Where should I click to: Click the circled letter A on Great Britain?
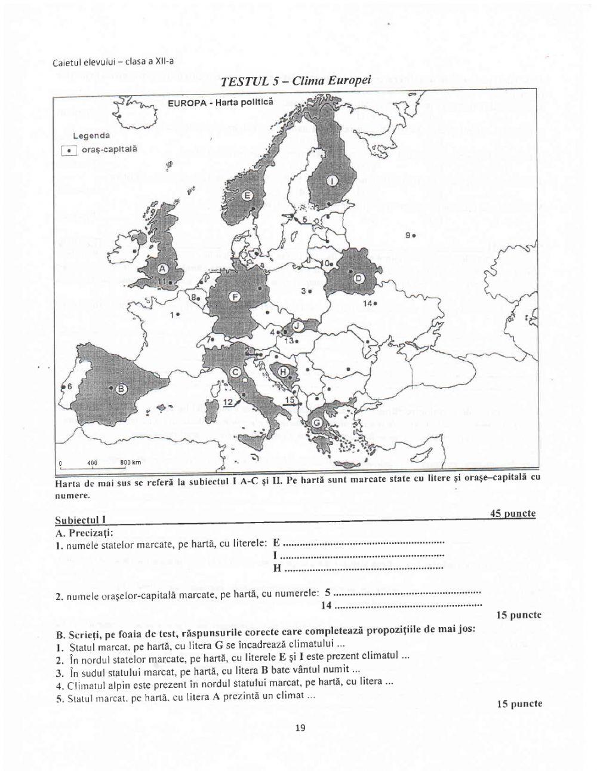(162, 268)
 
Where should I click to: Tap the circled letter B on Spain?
(121, 389)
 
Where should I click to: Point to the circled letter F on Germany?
(235, 296)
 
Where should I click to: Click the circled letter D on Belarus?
(359, 278)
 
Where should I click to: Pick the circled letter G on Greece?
(318, 422)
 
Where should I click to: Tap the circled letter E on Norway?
(248, 195)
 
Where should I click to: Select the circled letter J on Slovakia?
(298, 326)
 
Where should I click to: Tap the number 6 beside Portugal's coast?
(69, 387)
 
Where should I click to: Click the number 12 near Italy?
(227, 403)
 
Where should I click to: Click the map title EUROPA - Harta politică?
(220, 102)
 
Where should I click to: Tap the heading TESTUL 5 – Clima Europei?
(296, 81)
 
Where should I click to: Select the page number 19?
(300, 727)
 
